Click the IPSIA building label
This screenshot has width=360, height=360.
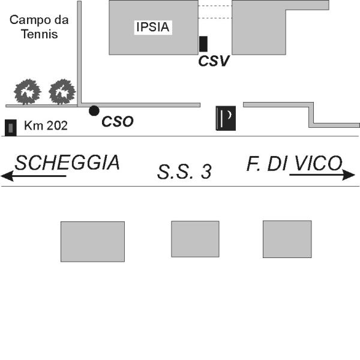(x=153, y=27)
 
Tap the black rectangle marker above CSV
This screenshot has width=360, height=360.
(x=203, y=44)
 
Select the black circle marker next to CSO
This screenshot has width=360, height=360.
(x=94, y=111)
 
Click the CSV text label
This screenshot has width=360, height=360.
(x=214, y=61)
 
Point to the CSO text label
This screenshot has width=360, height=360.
(x=118, y=121)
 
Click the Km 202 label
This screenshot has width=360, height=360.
(x=46, y=125)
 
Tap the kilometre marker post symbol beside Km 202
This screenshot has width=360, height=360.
(x=11, y=128)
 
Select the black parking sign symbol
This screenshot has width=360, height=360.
(x=226, y=118)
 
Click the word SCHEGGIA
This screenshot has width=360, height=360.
(x=67, y=163)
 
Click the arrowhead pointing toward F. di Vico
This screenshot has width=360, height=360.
(x=349, y=175)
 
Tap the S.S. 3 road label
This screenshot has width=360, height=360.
(x=184, y=172)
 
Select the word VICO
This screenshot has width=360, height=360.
(x=319, y=163)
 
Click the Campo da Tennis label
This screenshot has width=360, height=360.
(x=39, y=27)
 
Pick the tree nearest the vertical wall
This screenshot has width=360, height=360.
(x=62, y=92)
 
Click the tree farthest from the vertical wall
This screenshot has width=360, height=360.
(x=28, y=92)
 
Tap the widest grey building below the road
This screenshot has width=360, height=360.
(x=93, y=242)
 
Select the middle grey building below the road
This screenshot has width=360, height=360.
(x=195, y=239)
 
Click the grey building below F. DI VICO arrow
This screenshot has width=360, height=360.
(x=287, y=239)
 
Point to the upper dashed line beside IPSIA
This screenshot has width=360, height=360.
(x=215, y=6)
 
